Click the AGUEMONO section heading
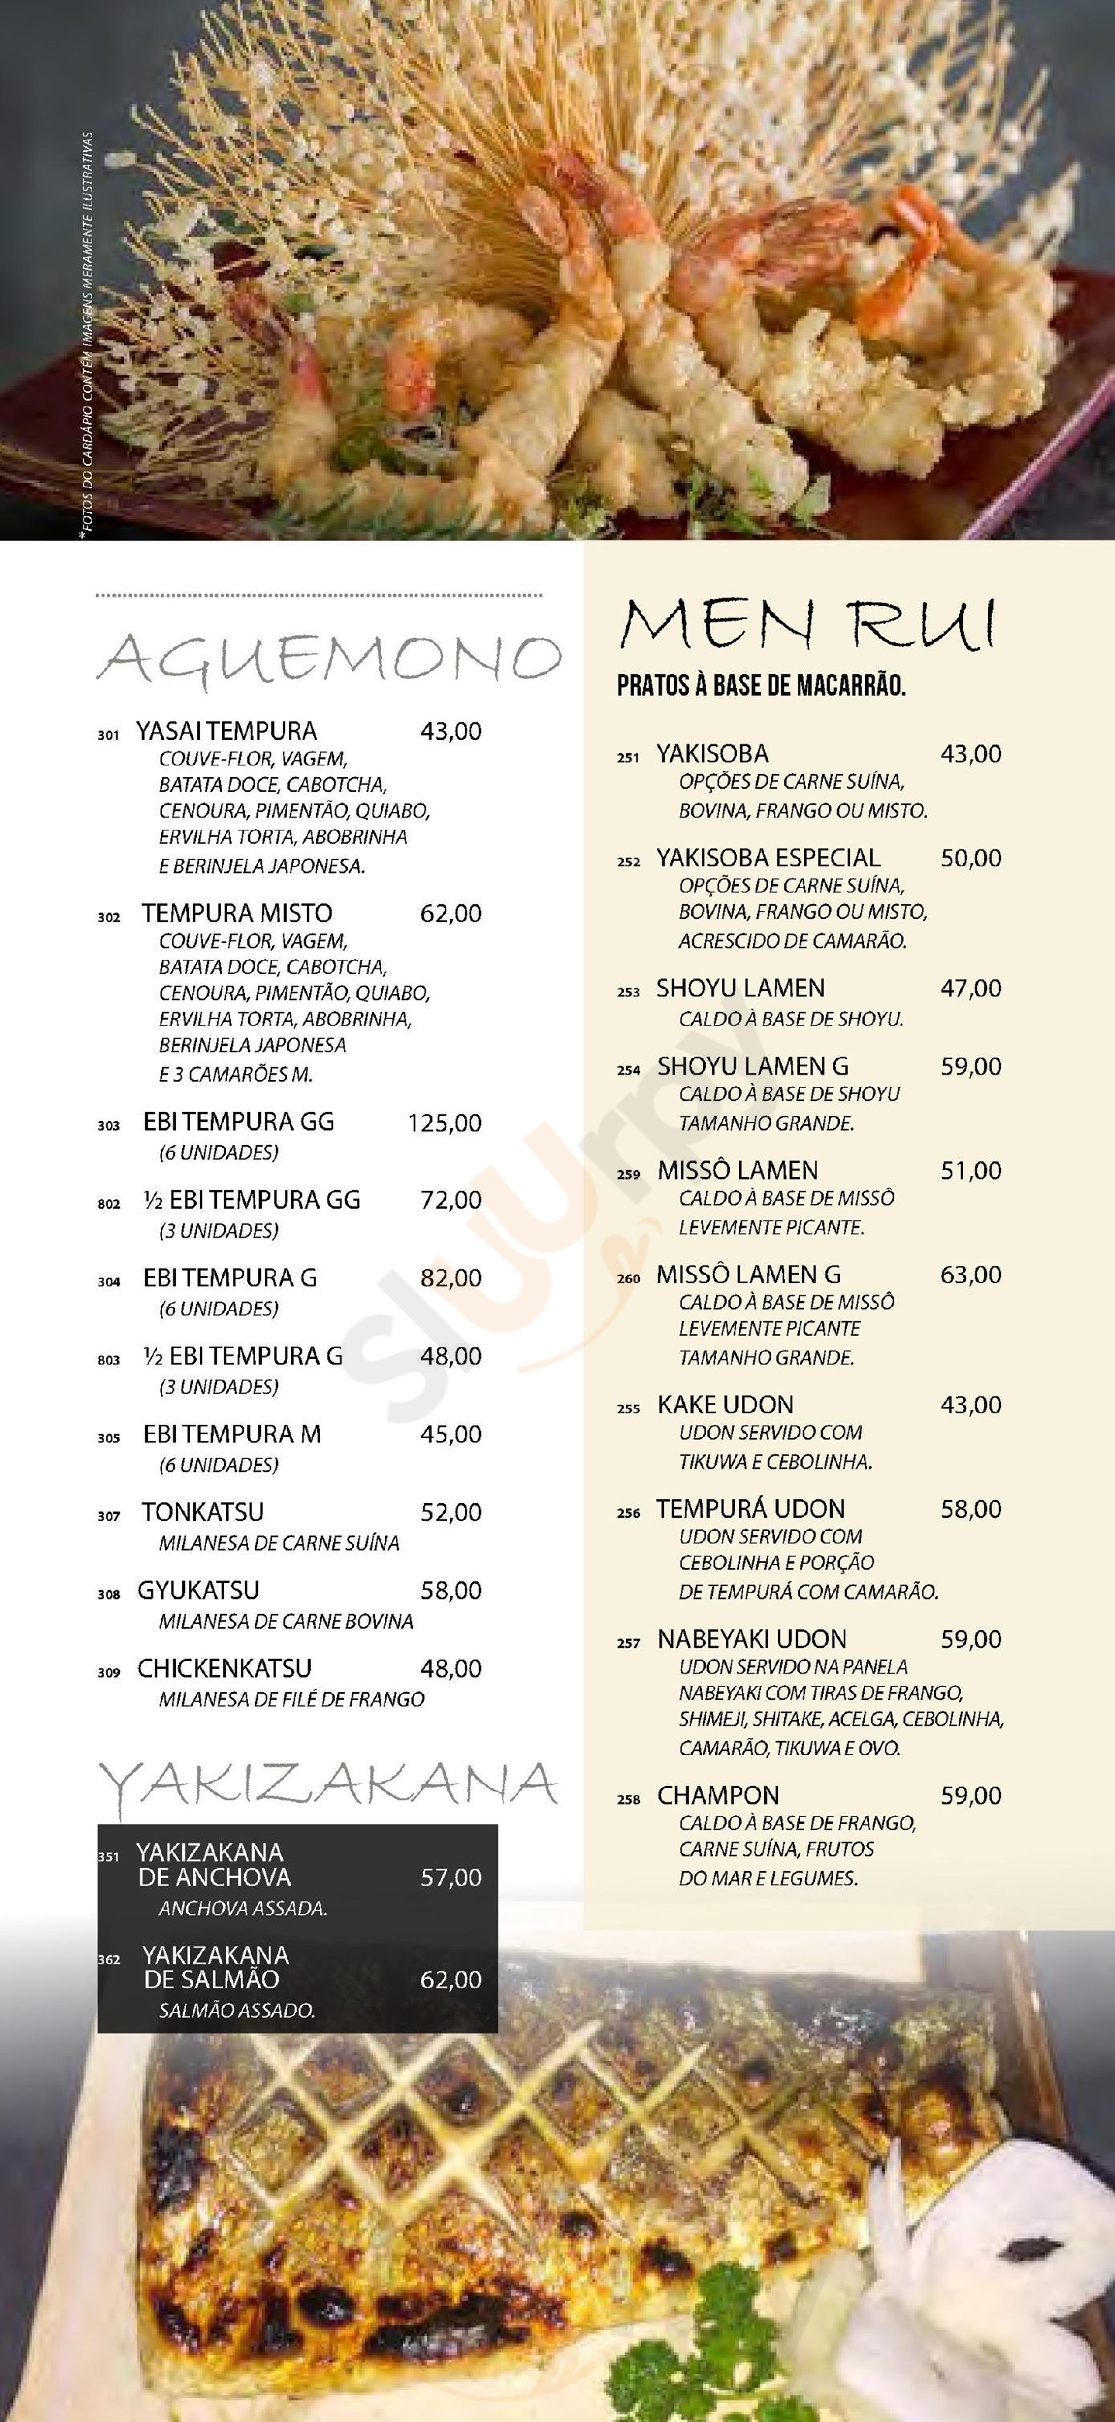pyautogui.click(x=329, y=658)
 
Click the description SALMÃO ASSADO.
pyautogui.click(x=237, y=2011)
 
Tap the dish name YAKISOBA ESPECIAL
pyautogui.click(x=768, y=857)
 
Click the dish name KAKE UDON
pyautogui.click(x=725, y=1405)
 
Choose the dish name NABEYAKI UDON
pyautogui.click(x=752, y=1639)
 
